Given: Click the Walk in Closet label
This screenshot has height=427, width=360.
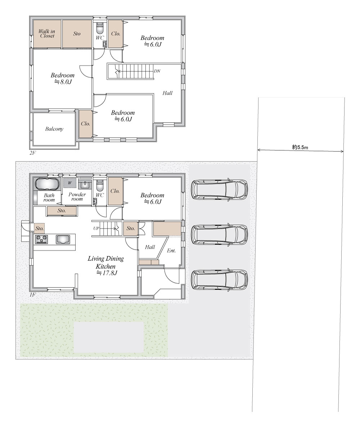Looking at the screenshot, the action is click(x=46, y=33).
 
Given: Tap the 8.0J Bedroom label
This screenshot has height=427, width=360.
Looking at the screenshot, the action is click(x=62, y=78).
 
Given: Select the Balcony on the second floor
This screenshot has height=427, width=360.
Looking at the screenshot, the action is click(x=54, y=129).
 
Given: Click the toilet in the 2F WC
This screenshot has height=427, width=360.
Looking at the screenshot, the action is click(x=100, y=27).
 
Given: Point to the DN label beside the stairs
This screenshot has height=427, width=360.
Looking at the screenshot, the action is click(x=157, y=71).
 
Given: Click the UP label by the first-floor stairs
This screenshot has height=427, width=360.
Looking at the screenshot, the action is click(x=96, y=228).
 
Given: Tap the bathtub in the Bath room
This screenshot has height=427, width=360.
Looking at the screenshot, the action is click(x=47, y=184).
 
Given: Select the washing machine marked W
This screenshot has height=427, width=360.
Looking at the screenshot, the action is click(x=70, y=183).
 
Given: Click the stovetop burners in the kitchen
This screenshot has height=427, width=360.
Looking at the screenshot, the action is click(x=41, y=239).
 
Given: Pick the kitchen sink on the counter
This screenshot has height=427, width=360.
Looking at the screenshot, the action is click(x=63, y=239).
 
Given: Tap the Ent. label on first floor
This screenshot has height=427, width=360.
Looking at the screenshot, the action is click(x=171, y=250).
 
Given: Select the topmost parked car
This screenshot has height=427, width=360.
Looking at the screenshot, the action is click(x=219, y=189).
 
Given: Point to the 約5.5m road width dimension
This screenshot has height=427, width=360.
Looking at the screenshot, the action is click(x=300, y=147).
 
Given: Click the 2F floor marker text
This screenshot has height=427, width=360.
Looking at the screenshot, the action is click(x=32, y=153).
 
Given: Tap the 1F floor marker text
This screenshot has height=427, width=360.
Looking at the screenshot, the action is click(x=32, y=295).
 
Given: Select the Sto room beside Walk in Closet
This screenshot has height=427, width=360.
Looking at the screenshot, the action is click(x=77, y=34).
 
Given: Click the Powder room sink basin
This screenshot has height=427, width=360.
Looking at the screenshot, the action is click(x=85, y=185).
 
